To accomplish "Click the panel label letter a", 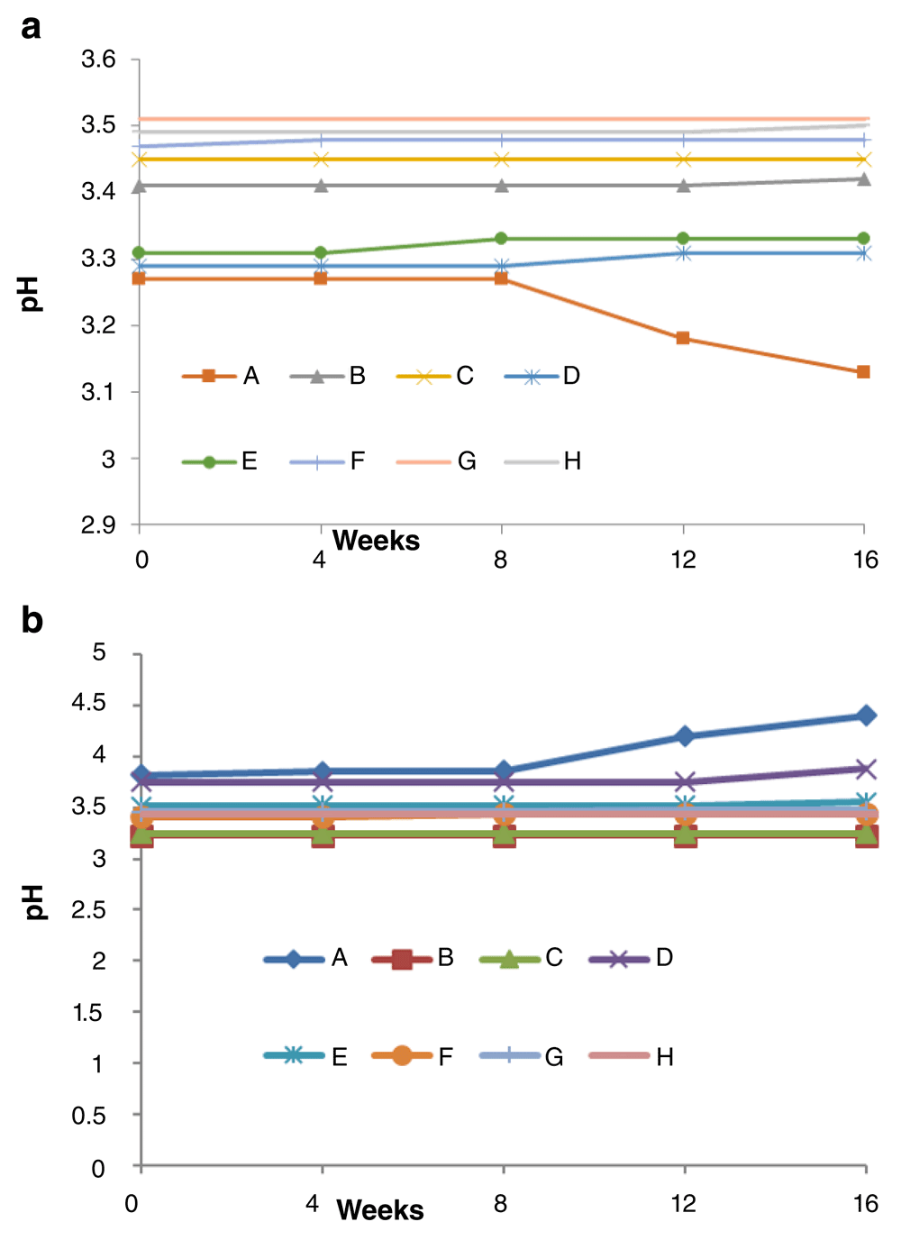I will (31, 27).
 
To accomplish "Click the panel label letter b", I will (32, 620).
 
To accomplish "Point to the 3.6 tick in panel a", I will (99, 59).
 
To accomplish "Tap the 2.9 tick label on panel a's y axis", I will (99, 524).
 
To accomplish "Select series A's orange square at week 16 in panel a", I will (863, 372).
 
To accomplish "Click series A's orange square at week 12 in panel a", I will (683, 338).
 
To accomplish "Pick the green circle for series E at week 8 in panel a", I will (502, 239).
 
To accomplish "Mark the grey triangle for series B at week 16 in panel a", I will (863, 179).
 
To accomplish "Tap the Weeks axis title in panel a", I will (376, 541).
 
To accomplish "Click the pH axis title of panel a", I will (31, 294).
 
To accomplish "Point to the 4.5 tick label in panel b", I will (89, 703).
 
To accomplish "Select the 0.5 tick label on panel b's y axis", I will (89, 1116).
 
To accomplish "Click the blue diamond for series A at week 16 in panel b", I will (866, 716).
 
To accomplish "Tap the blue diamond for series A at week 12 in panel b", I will (685, 736).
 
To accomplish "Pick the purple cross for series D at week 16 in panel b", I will (866, 769).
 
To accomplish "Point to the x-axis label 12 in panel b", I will (684, 1203).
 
